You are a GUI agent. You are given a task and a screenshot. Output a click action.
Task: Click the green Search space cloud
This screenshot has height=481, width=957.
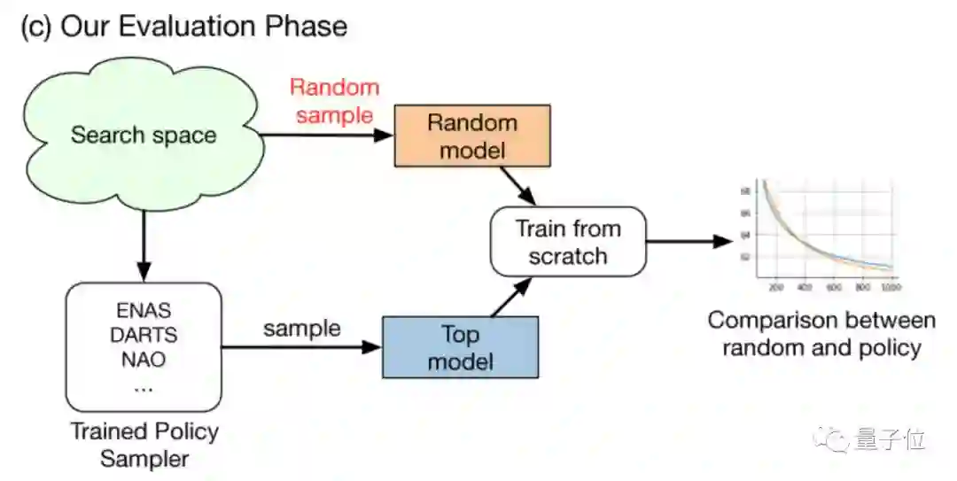coord(143,136)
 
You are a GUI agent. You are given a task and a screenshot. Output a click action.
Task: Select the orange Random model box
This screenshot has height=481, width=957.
coord(471,135)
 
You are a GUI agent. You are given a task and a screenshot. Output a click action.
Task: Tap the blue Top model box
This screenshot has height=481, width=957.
coord(460,347)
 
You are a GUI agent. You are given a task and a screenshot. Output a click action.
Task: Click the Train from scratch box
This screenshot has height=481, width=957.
coord(568,242)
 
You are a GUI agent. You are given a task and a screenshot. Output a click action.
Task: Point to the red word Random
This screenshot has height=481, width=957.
coord(334,88)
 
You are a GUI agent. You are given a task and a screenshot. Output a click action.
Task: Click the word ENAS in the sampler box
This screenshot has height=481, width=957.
coord(143,311)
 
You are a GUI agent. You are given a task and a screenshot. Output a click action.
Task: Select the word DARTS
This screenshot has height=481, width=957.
coord(143,336)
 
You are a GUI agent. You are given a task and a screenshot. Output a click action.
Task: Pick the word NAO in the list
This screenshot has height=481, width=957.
coord(143,361)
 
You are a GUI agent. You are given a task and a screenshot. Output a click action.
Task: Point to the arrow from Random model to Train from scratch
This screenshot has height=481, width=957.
coord(518,185)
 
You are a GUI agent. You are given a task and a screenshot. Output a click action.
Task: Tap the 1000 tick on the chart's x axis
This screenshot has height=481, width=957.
coord(890,288)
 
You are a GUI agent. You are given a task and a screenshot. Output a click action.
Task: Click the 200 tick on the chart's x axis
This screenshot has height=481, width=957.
coord(775,288)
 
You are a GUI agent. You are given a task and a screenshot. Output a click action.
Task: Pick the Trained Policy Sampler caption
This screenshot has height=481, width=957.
coord(144,445)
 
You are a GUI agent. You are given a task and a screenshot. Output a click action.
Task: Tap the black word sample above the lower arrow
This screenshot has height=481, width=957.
coord(302,328)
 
